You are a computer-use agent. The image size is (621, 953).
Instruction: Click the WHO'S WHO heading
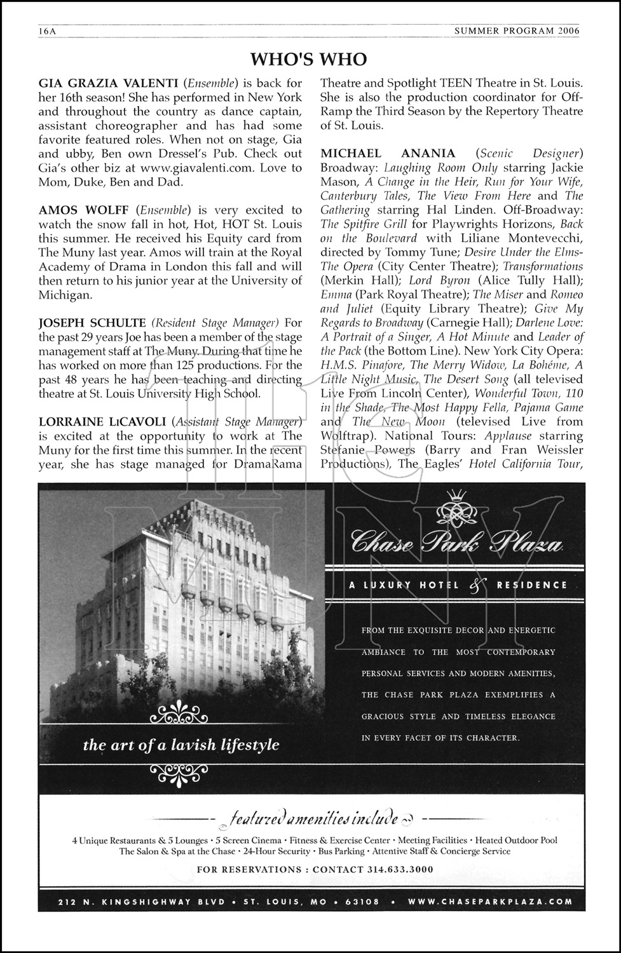pyautogui.click(x=309, y=59)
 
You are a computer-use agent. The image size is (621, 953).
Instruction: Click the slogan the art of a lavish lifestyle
pyautogui.click(x=181, y=745)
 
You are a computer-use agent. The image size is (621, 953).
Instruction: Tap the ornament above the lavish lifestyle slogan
pyautogui.click(x=181, y=717)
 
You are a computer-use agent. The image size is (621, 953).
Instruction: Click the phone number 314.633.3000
pyautogui.click(x=400, y=869)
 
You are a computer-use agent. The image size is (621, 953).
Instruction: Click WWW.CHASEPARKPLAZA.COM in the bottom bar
pyautogui.click(x=490, y=902)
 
